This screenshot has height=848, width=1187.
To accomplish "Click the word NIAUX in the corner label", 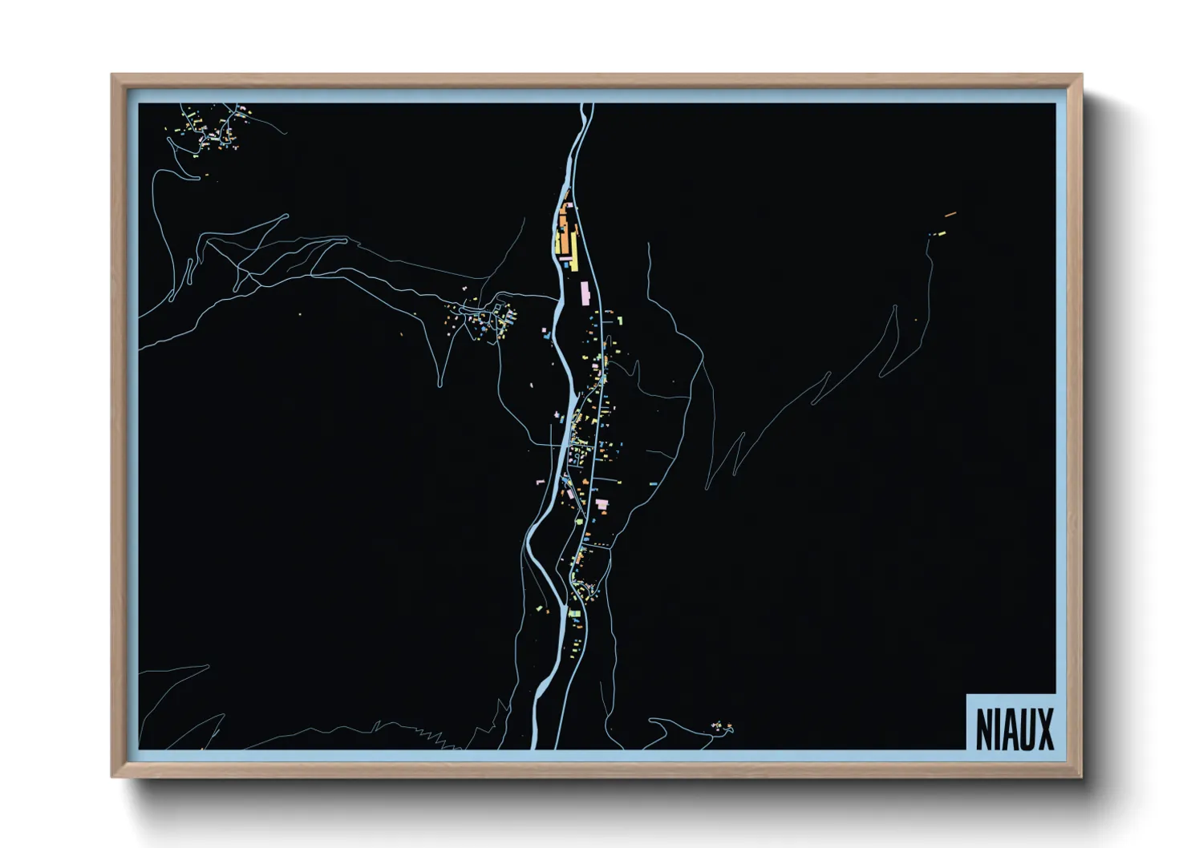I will click(x=1015, y=729).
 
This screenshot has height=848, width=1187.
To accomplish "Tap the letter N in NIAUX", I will click(x=984, y=729).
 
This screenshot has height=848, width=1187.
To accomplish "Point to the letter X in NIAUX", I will click(x=1044, y=729).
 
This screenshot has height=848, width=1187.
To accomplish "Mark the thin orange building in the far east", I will click(x=951, y=214).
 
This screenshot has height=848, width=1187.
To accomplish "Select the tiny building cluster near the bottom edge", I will click(x=722, y=727).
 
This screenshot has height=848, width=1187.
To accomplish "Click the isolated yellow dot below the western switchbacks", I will click(x=301, y=313).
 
